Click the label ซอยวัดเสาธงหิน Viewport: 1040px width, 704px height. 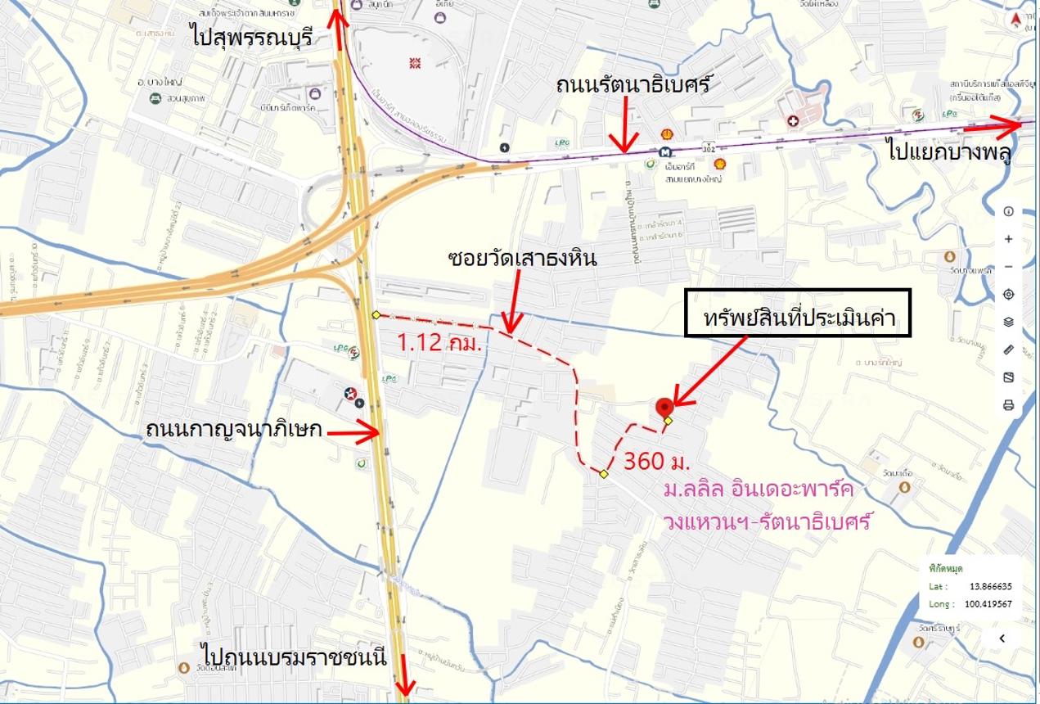coord(523,259)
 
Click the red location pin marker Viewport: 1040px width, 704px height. coord(664,407)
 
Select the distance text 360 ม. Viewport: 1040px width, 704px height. coord(657,461)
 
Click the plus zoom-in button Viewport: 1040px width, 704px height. coord(1008,239)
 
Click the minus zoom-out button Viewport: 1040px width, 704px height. coord(1008,267)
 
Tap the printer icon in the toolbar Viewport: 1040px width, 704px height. coord(1008,404)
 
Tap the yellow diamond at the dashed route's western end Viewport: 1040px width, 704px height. coord(376,315)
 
